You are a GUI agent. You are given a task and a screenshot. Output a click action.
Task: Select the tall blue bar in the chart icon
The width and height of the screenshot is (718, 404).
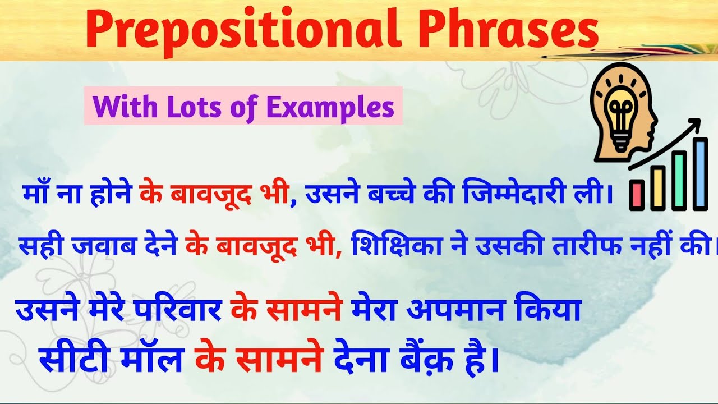click(700, 173)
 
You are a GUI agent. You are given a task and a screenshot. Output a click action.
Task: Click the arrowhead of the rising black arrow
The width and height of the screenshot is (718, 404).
click(696, 123)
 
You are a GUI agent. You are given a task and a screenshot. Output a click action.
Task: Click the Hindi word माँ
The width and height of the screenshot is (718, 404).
click(35, 194)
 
